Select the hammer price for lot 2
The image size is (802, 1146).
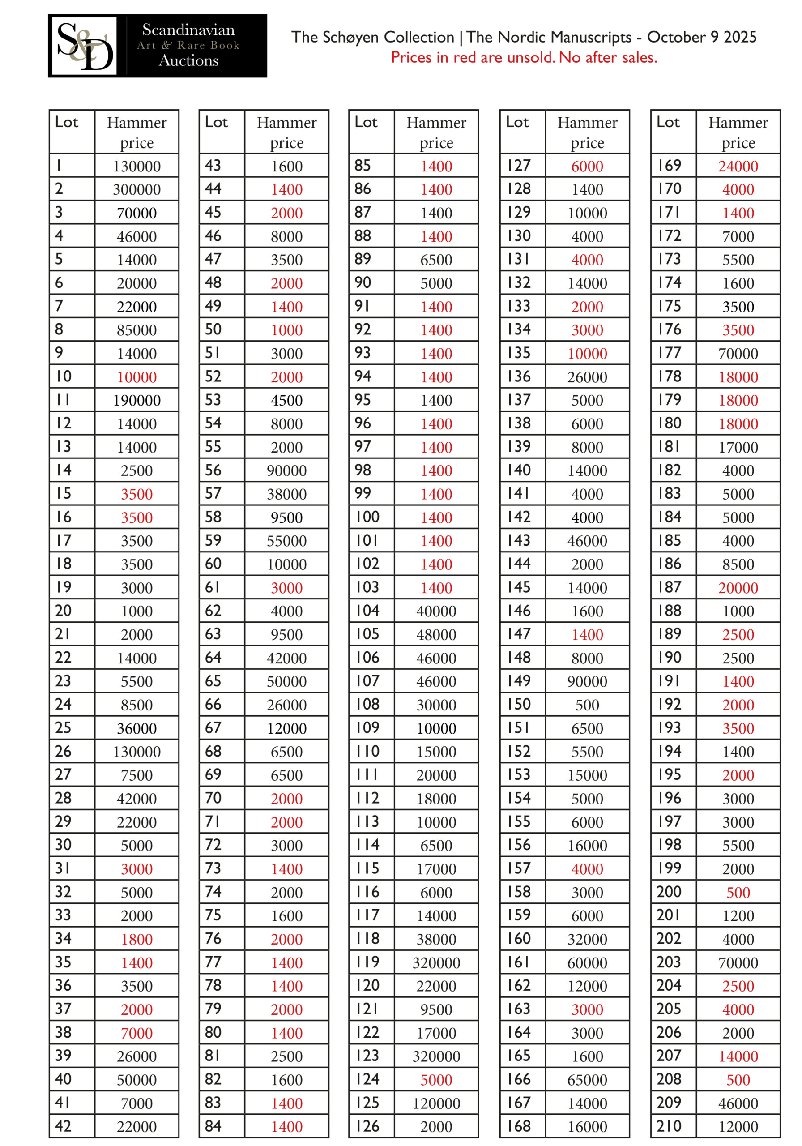click(137, 190)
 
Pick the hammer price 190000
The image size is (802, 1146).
click(137, 400)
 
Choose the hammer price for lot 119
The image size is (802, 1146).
click(436, 963)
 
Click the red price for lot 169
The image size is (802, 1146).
click(738, 166)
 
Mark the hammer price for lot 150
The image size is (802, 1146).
click(587, 705)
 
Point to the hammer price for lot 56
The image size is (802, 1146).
click(286, 470)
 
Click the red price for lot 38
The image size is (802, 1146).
click(137, 1033)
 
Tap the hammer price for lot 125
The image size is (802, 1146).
click(436, 1103)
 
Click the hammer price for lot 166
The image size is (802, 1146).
click(587, 1080)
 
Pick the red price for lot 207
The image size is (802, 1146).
click(738, 1056)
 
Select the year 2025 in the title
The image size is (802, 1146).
click(740, 37)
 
